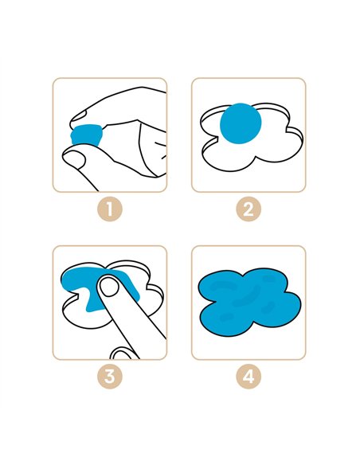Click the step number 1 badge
(x=110, y=209)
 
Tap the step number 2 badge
(x=248, y=209)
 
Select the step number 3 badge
(x=110, y=377)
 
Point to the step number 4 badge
(x=248, y=377)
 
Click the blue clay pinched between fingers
(x=87, y=135)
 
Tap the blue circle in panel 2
(x=241, y=123)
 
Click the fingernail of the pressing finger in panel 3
(x=108, y=286)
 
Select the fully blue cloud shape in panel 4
(x=249, y=302)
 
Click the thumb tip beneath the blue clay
(x=74, y=157)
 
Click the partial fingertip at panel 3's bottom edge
(x=122, y=354)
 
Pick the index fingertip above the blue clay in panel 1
(x=80, y=117)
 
